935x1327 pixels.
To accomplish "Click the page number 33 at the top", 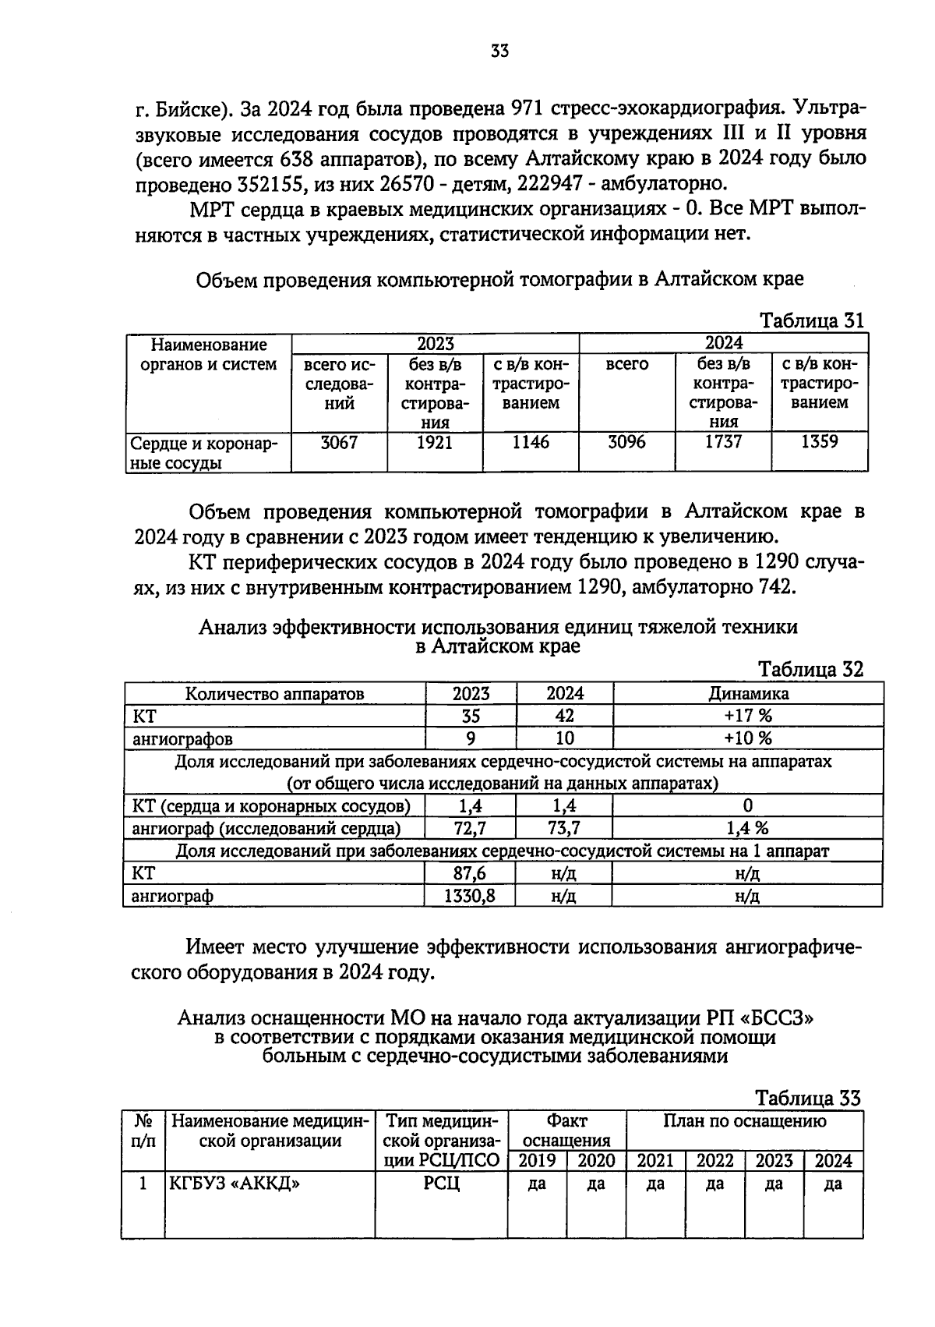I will pos(499,51).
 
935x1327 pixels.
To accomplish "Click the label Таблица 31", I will pos(811,320).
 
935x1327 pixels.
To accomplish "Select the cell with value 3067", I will pos(339,443).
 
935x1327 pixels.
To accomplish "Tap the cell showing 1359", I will pos(819,442).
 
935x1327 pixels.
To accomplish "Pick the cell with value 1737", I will pos(723,442).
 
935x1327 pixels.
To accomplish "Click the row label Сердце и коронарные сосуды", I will pos(207,453).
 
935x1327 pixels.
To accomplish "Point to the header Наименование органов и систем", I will pos(208,355).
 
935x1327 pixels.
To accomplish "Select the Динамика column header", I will pos(747,693).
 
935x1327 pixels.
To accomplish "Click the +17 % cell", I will pos(747,716).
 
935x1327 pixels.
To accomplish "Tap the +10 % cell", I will pos(747,738).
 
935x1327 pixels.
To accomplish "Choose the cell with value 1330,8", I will pos(470,896).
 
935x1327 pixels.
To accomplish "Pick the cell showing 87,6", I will pos(470,873).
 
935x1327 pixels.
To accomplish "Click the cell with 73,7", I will pos(564,827).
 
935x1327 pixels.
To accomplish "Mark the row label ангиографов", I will pos(182,738).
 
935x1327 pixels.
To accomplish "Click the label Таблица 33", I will pos(808,1098).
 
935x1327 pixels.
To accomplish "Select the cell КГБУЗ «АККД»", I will pos(235,1184).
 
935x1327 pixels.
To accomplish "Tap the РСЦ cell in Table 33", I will pos(441,1184).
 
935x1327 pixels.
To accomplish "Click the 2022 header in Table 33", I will pos(714,1161).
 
